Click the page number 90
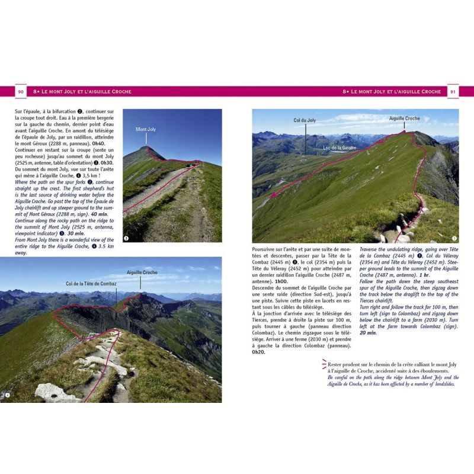[20, 92]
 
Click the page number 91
[453, 92]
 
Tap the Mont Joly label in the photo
[145, 129]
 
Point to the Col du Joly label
[305, 120]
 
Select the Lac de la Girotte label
[340, 148]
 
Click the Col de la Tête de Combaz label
[91, 284]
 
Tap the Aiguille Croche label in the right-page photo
[404, 118]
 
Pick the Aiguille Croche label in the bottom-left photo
[142, 273]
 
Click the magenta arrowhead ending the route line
[273, 196]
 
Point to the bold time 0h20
[259, 352]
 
